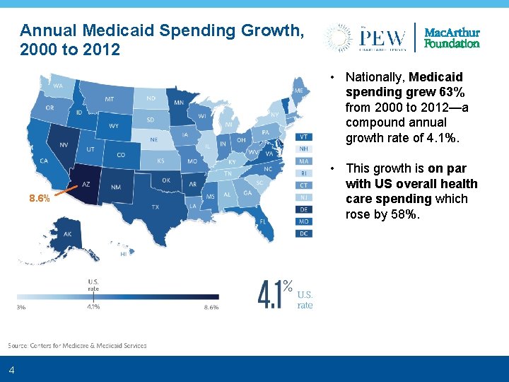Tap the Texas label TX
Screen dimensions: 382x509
155,207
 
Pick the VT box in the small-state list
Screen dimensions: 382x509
303,137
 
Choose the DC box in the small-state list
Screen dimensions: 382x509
303,233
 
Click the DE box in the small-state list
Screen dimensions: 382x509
303,209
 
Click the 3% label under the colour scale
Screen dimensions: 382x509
21,307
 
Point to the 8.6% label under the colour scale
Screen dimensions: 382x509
211,307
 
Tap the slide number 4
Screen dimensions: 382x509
11,370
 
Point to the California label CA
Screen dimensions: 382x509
43,161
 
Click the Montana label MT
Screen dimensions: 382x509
110,99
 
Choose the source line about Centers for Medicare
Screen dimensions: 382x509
78,345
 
